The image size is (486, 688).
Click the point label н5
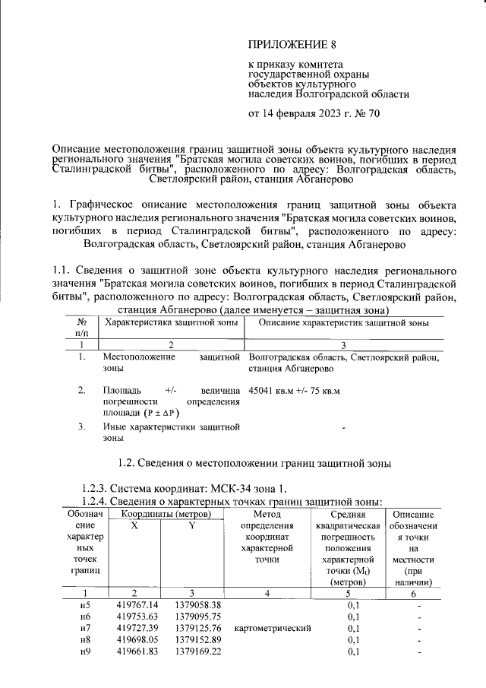click(85, 604)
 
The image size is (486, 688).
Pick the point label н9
click(85, 653)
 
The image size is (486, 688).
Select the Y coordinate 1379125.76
click(197, 629)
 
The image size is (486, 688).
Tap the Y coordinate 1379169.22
click(197, 653)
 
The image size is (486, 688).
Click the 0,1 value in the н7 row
click(352, 629)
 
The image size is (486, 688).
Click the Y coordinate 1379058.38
click(197, 604)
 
